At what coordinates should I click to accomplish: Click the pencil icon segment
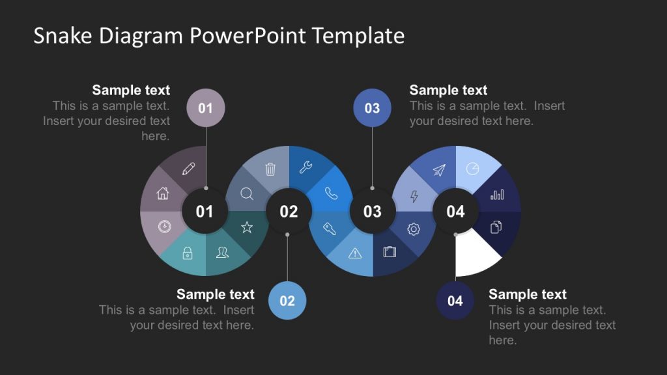[188, 169]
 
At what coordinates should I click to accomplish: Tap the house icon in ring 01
[163, 193]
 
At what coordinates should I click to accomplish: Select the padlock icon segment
[188, 253]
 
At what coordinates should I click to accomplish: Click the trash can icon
[270, 169]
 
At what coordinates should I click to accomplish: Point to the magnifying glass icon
[247, 193]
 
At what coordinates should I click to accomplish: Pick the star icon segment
[247, 227]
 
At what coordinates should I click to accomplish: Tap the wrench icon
[305, 168]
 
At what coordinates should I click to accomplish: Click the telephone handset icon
[331, 193]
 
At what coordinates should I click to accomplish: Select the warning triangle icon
[355, 253]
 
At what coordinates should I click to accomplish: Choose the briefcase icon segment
[390, 251]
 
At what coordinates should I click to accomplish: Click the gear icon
[414, 229]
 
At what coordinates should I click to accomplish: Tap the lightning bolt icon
[414, 196]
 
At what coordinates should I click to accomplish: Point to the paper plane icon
[439, 170]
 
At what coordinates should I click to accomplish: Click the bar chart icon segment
[497, 194]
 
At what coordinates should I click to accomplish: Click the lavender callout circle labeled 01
[206, 107]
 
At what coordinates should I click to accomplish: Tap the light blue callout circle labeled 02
[287, 301]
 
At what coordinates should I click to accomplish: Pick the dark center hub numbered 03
[372, 212]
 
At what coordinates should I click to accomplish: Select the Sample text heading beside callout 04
[528, 294]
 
